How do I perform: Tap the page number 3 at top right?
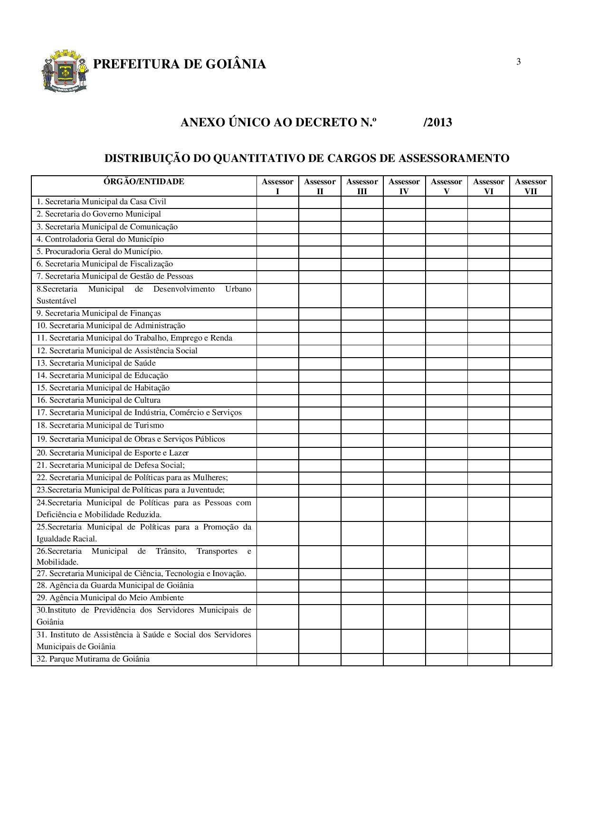pos(518,62)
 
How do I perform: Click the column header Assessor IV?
pos(404,186)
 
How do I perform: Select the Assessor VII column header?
pos(531,186)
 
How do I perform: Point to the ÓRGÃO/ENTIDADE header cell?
pos(144,181)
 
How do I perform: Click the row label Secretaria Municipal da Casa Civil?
pos(101,202)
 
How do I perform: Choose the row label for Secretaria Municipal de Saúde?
pos(96,363)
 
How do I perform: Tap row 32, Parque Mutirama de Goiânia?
pos(93,659)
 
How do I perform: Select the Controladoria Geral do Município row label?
pos(100,239)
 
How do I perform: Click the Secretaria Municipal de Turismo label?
pos(100,426)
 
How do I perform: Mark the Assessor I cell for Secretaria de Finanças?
pos(277,313)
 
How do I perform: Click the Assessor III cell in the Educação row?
pos(362,376)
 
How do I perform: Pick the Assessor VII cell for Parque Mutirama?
pos(531,659)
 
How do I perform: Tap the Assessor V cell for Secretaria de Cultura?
pos(446,400)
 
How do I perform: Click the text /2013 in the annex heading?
pos(437,123)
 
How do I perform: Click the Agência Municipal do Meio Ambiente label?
pos(110,598)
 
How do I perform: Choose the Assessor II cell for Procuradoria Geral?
pos(320,252)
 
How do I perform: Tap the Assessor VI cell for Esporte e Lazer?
pos(488,453)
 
